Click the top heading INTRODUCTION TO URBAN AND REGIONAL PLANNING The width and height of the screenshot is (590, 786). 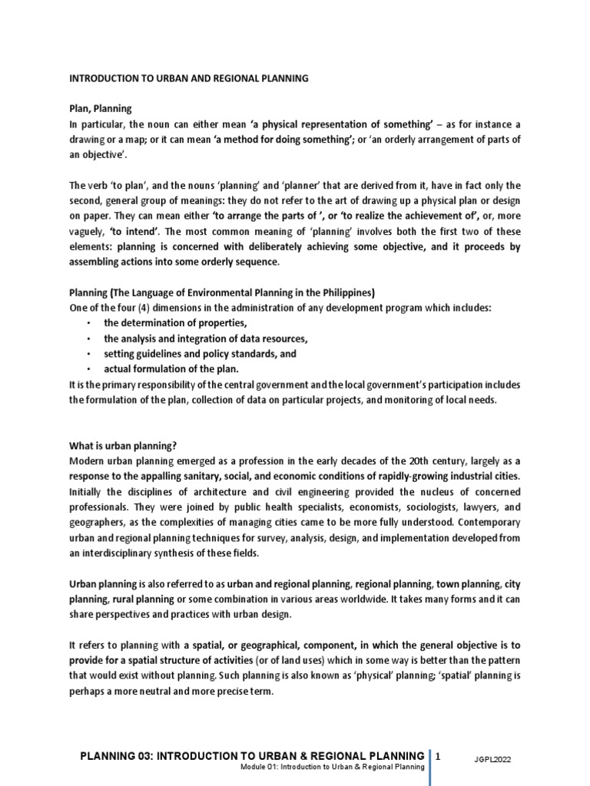[x=189, y=78]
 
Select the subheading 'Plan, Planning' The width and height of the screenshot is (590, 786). [x=101, y=109]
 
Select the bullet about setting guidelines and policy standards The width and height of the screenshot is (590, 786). [x=200, y=354]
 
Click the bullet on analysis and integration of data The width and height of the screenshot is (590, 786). [x=205, y=339]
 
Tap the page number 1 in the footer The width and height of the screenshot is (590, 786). [x=439, y=756]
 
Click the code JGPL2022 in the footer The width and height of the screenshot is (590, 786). [x=492, y=759]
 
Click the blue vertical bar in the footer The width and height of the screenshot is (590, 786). [x=429, y=764]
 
